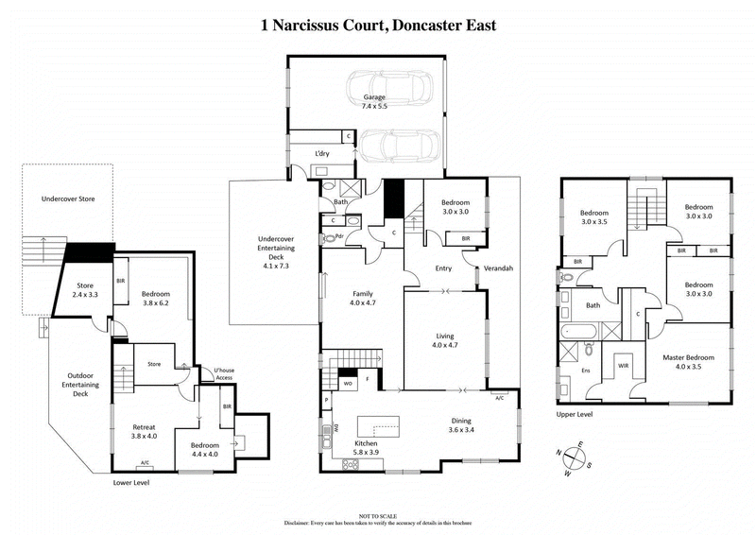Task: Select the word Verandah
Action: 497,269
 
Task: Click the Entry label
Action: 444,269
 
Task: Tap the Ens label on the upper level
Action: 585,371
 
